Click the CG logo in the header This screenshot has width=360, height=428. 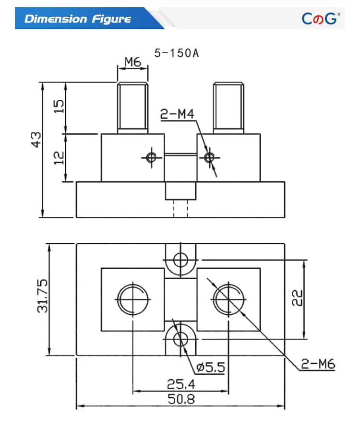[x=320, y=18]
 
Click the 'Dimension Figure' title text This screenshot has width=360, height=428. [x=78, y=19]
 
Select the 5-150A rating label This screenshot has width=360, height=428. [x=176, y=53]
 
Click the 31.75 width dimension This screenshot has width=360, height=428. [x=42, y=300]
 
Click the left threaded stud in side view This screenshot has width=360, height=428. [x=132, y=107]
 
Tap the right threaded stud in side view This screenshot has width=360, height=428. [x=228, y=107]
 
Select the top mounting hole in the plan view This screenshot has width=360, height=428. [x=180, y=260]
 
